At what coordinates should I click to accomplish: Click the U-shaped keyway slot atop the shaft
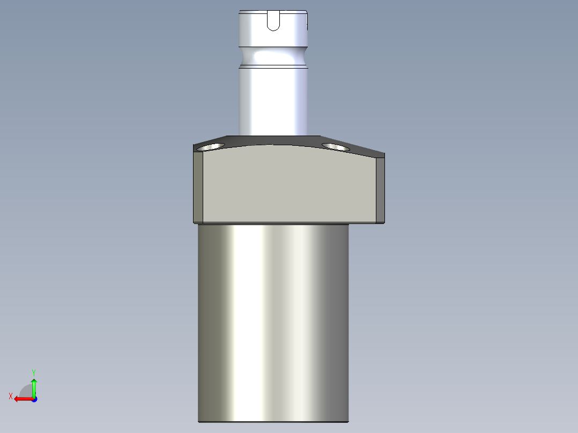pyautogui.click(x=273, y=21)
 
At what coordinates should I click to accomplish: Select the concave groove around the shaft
pyautogui.click(x=273, y=57)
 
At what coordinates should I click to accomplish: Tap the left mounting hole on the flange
pyautogui.click(x=211, y=146)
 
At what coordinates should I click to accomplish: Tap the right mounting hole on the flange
pyautogui.click(x=336, y=146)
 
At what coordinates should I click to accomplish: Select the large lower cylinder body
pyautogui.click(x=273, y=322)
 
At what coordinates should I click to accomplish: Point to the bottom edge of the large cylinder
pyautogui.click(x=273, y=421)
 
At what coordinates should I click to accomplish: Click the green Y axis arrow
pyautogui.click(x=34, y=386)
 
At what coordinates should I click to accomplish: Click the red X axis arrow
pyautogui.click(x=21, y=399)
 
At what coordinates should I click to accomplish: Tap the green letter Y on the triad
pyautogui.click(x=34, y=371)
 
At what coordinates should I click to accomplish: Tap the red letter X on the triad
pyautogui.click(x=11, y=396)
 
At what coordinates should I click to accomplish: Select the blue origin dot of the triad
pyautogui.click(x=34, y=399)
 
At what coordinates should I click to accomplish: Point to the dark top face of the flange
pyautogui.click(x=273, y=141)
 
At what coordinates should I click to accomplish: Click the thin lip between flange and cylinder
pyautogui.click(x=273, y=223)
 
